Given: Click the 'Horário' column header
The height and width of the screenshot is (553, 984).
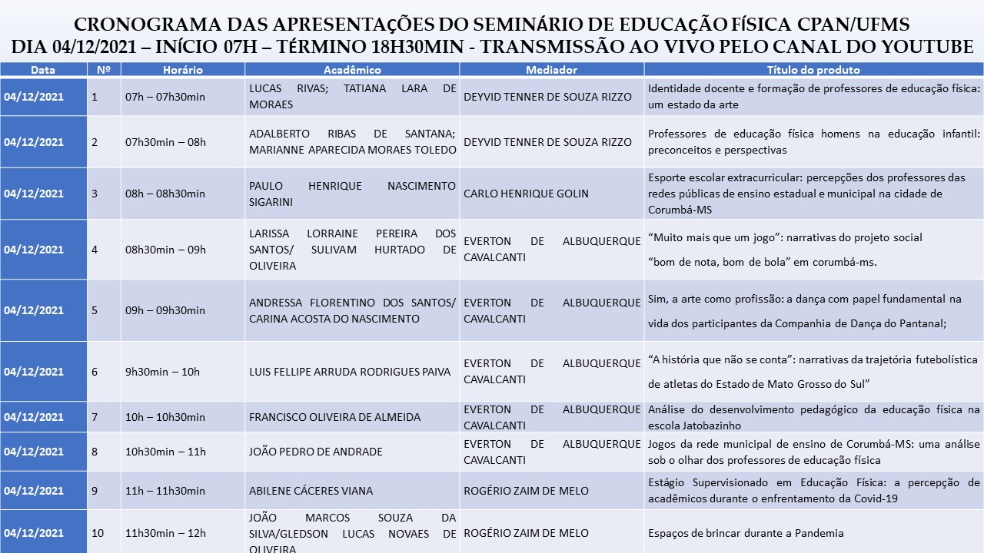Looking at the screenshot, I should tap(182, 70).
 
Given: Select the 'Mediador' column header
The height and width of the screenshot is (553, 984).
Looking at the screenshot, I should tap(551, 70).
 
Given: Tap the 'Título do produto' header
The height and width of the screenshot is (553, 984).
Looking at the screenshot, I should tap(813, 70).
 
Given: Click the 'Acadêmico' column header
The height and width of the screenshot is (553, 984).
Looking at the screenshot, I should tap(352, 70).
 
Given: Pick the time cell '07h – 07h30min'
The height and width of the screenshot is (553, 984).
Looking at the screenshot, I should tap(165, 97).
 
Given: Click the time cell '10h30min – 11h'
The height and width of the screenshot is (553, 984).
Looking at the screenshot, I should tap(165, 452).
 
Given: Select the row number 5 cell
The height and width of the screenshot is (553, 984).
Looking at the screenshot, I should tap(95, 310).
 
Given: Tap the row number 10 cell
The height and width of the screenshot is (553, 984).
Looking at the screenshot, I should tap(98, 533).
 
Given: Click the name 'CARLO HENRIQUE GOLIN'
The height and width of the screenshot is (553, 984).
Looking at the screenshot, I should tap(526, 194).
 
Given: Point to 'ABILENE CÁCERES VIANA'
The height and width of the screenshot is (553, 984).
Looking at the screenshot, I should tap(311, 491).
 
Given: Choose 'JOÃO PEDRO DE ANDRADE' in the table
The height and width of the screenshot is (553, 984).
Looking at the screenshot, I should tap(315, 452).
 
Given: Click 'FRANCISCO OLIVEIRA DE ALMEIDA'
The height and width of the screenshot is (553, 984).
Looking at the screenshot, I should tap(334, 417).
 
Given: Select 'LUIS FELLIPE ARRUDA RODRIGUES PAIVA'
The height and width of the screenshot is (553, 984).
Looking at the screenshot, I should tap(350, 372).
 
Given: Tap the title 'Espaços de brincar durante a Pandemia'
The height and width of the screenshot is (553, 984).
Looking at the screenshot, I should tap(746, 533).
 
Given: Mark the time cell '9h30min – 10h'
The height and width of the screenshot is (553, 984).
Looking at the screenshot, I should tap(162, 372).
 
